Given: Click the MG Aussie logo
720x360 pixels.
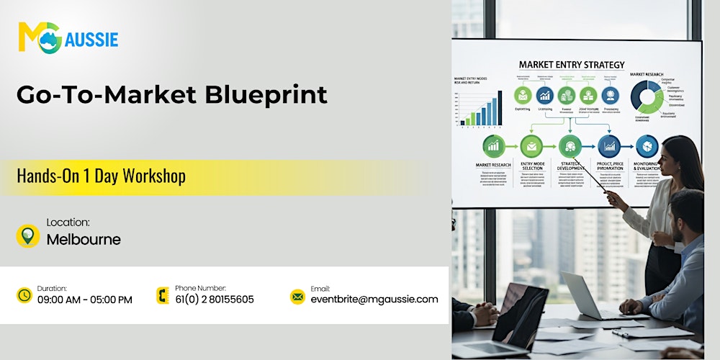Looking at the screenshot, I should click(68, 37).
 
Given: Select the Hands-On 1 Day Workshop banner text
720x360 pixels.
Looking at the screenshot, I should click(101, 176).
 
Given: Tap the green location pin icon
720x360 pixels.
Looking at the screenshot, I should click(28, 235).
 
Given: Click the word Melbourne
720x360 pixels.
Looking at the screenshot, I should click(84, 240).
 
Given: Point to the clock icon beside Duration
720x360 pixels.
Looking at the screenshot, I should click(24, 295).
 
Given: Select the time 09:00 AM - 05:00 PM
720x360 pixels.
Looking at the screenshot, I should click(85, 300).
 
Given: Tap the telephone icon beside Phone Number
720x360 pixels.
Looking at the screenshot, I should click(163, 295).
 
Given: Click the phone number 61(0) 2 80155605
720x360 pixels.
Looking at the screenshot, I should click(215, 300).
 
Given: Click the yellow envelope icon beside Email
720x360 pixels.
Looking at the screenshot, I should click(297, 296).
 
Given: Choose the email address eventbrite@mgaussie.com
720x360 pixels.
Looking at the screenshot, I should click(374, 300).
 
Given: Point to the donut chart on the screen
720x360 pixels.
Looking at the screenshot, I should click(647, 96).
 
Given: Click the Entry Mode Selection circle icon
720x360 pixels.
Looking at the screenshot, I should click(532, 146).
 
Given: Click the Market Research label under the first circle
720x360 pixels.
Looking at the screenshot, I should click(493, 165).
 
